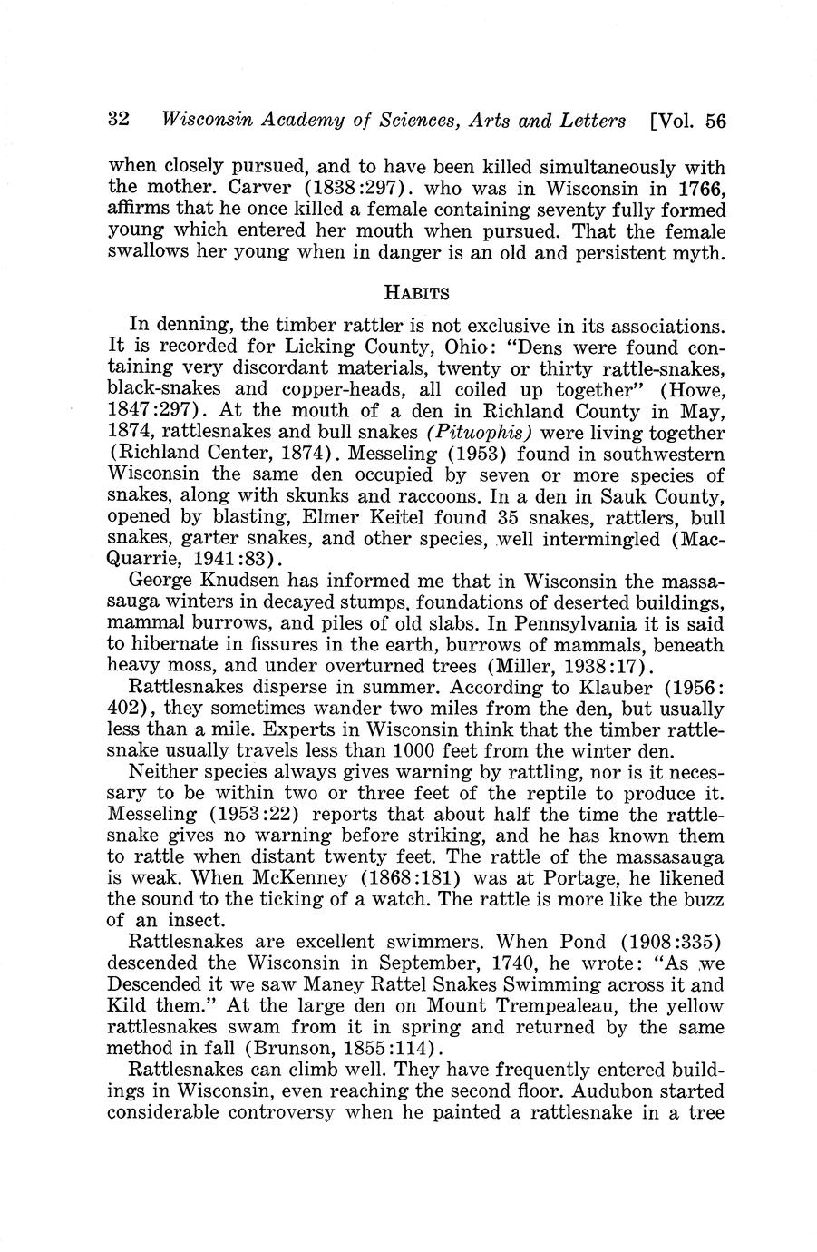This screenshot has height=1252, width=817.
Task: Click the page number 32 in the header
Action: click(x=120, y=121)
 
